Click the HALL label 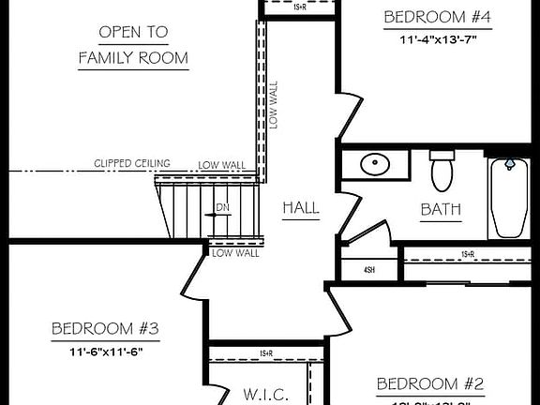tap(300, 207)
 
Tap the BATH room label tap(440, 209)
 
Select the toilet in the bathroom tap(441, 170)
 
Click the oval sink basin tap(376, 164)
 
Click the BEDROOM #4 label tap(438, 17)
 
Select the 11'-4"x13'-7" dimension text tap(438, 39)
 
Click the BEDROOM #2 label tap(429, 383)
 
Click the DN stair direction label tap(222, 206)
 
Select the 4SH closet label tap(369, 270)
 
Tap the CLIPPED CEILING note tap(131, 163)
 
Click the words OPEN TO tap(133, 33)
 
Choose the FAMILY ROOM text tap(133, 58)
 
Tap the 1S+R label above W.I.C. tap(266, 353)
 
